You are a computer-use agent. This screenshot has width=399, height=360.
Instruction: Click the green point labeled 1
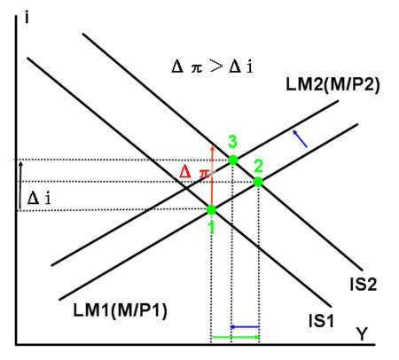(x=211, y=210)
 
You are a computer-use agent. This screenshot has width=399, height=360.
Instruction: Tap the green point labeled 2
(x=258, y=182)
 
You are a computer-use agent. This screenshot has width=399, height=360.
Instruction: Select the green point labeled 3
(x=233, y=160)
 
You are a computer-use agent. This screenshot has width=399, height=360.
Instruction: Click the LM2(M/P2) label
(x=332, y=84)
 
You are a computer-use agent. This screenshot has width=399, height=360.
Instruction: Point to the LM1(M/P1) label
(x=120, y=310)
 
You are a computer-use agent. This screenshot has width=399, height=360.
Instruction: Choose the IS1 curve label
(x=321, y=320)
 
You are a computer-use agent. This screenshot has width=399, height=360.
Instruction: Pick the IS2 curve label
(x=364, y=285)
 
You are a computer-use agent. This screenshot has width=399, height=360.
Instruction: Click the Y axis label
(x=362, y=334)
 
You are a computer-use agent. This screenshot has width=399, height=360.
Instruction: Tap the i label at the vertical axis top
(x=27, y=19)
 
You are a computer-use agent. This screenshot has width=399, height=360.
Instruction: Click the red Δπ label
(x=194, y=171)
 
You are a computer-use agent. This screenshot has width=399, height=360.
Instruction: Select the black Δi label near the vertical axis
(x=39, y=198)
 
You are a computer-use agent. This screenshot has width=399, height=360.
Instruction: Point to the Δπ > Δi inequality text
(x=212, y=67)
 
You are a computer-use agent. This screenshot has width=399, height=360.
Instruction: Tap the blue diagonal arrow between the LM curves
(x=300, y=138)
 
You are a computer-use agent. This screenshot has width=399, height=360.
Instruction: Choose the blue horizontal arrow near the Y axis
(x=245, y=327)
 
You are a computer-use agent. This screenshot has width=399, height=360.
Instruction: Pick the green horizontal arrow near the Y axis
(x=236, y=337)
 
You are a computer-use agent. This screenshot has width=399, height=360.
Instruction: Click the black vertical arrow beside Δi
(x=20, y=185)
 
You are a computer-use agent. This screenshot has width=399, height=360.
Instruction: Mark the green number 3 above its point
(x=232, y=142)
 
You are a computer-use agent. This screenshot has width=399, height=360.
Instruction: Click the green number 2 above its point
(x=258, y=166)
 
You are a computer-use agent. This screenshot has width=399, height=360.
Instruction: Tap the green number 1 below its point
(x=212, y=227)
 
